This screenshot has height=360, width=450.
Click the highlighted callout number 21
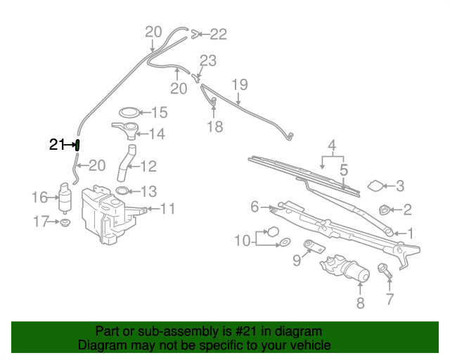pos(56,146)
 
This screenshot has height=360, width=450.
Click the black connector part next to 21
pos(77,146)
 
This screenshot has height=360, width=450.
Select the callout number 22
pos(219,33)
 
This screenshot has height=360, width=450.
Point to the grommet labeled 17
pos(65,224)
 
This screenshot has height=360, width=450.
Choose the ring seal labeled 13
pos(121,191)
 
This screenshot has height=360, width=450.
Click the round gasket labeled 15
pos(129,112)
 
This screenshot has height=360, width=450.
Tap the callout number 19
pos(240,85)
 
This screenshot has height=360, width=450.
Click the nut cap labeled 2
pos(385,210)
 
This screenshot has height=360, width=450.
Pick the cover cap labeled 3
pos(376,186)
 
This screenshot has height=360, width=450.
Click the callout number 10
pos(243,240)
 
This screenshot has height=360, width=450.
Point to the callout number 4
pos(331,146)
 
